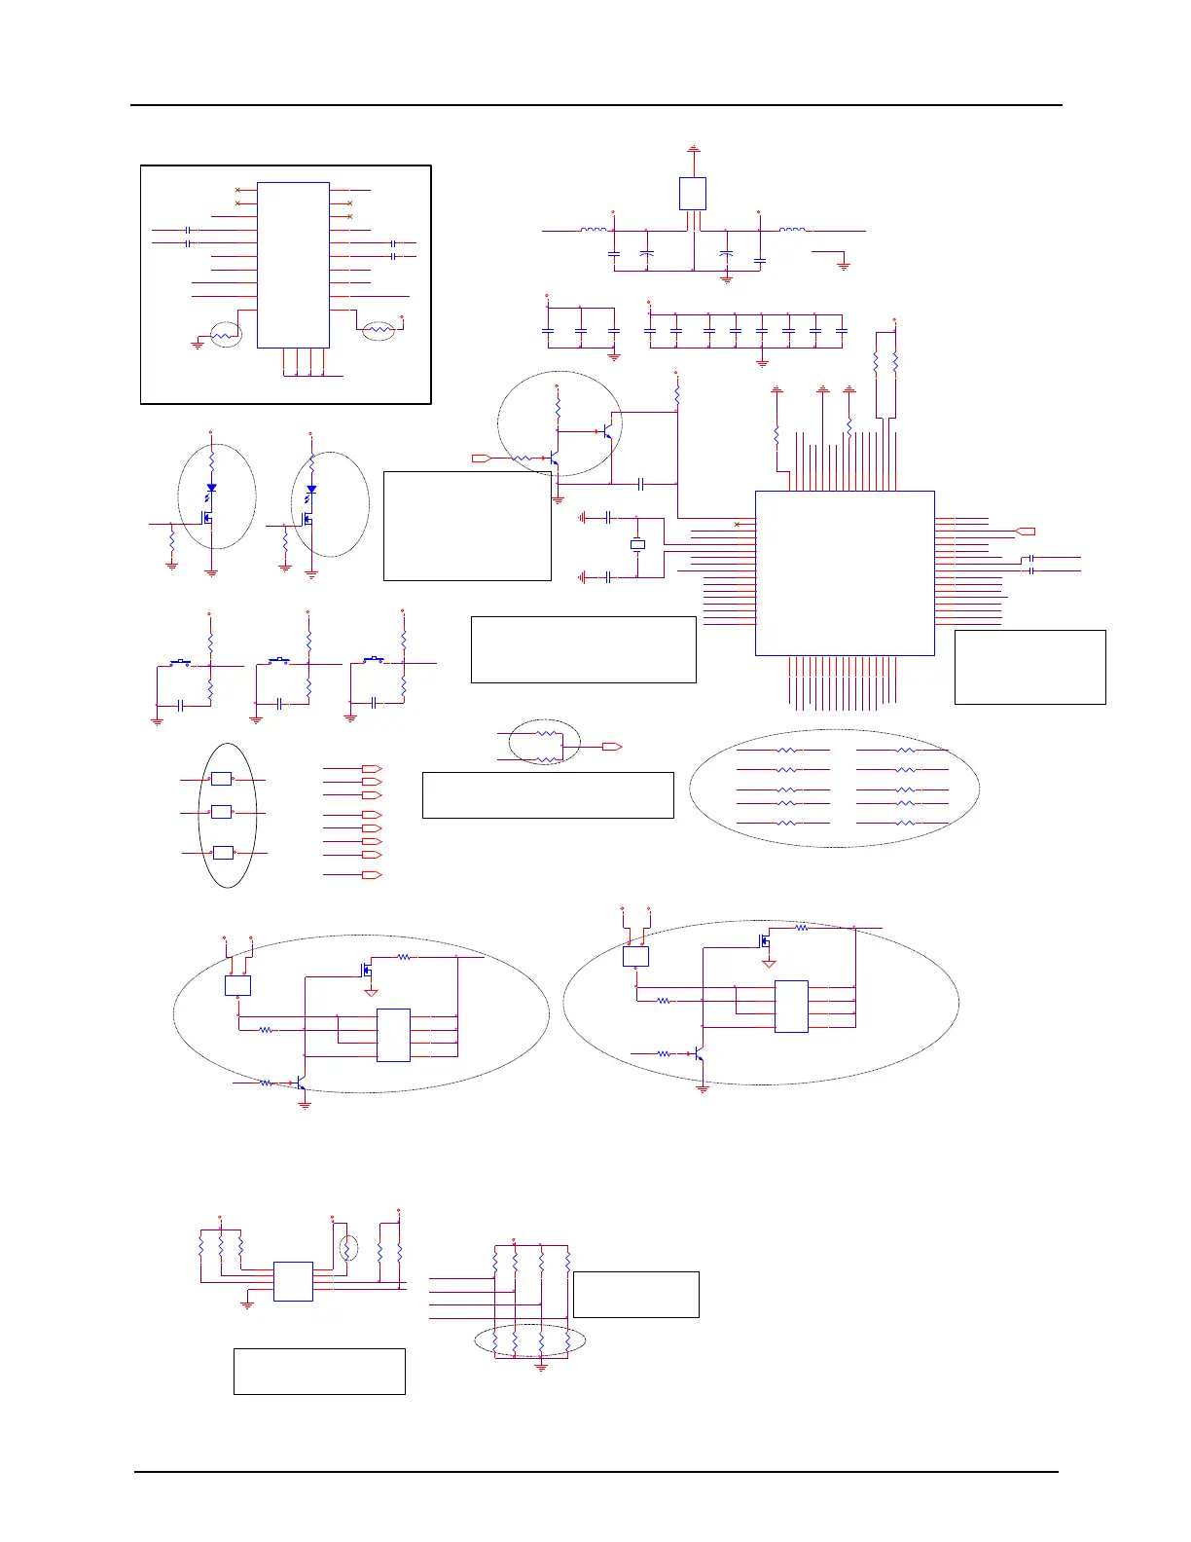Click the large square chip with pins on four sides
(x=845, y=572)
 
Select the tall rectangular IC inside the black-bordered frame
(x=293, y=265)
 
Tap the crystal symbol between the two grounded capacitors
(x=637, y=545)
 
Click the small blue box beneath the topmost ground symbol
(x=692, y=194)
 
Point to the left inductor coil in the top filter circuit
(x=594, y=231)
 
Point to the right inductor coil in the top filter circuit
(x=792, y=231)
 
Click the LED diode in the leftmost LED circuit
(x=211, y=489)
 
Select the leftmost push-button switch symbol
(x=181, y=664)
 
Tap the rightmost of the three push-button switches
(x=374, y=661)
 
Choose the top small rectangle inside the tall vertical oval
(x=222, y=779)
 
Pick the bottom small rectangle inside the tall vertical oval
(x=223, y=853)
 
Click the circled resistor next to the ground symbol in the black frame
(x=226, y=335)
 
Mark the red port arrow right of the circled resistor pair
(x=611, y=747)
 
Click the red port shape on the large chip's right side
(x=1025, y=532)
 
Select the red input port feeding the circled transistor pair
(x=481, y=458)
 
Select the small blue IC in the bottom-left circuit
(x=293, y=1281)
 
